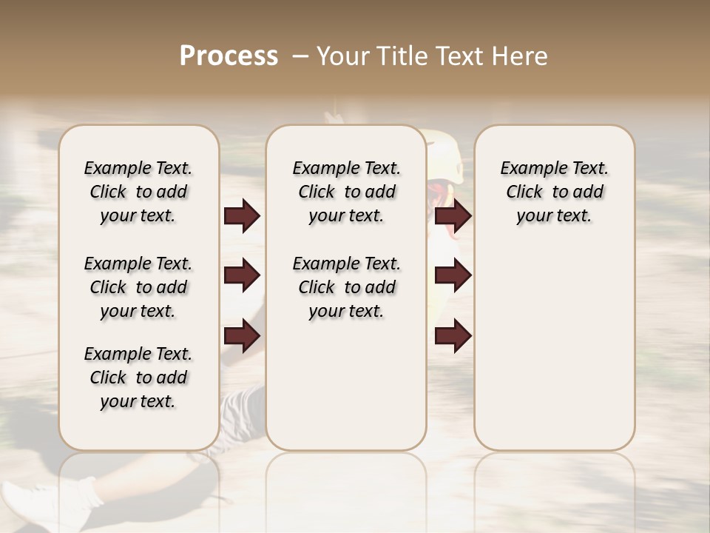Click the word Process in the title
pos(229,56)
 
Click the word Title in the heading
pos(398,56)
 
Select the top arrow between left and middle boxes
pos(242,215)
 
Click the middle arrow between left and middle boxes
pos(242,275)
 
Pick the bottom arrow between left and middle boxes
pos(242,335)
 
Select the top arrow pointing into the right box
pos(453,215)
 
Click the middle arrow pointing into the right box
pos(453,275)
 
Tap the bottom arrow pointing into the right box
pos(453,335)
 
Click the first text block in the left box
pos(138,192)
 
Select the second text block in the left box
pos(138,287)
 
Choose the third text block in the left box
pos(138,378)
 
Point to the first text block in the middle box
pos(346,192)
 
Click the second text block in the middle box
pos(346,287)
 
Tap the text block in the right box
pos(554,192)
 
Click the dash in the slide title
pos(300,56)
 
